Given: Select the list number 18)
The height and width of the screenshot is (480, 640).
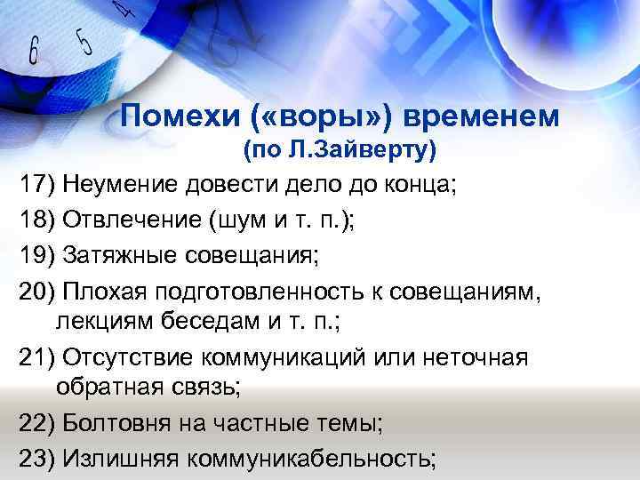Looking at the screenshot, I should (37, 220).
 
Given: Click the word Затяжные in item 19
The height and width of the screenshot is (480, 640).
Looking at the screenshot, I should (115, 256).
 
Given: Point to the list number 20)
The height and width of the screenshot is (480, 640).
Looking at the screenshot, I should (37, 292).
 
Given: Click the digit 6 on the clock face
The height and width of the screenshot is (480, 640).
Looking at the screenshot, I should (34, 51).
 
